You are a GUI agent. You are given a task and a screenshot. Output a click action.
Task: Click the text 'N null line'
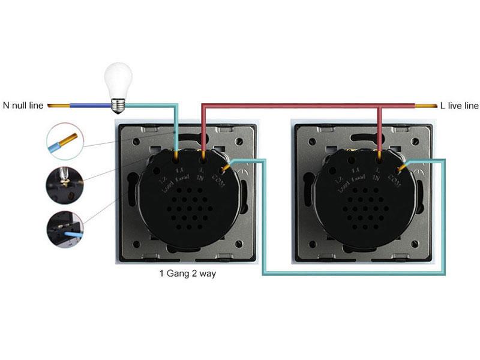point(23,106)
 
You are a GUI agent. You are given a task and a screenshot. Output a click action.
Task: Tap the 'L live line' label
point(459,106)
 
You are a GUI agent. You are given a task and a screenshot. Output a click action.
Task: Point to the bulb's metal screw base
point(118,106)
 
